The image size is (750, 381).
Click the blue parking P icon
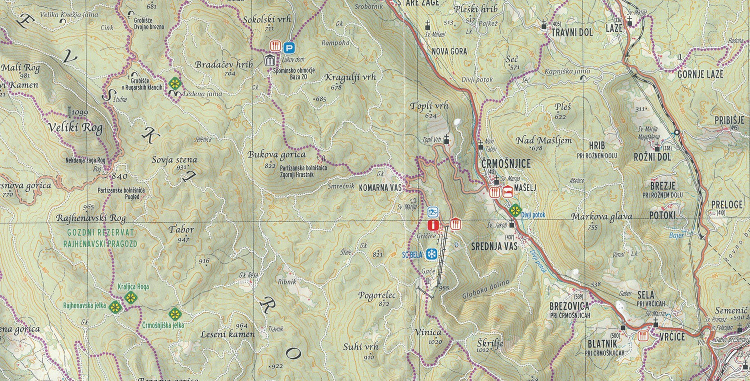click(x=288, y=47)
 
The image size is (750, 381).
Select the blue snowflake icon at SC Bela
click(x=430, y=254)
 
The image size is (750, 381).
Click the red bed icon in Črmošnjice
click(x=507, y=192)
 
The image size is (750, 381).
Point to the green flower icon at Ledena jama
click(x=174, y=83)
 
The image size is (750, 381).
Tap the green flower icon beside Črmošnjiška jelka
click(x=174, y=314)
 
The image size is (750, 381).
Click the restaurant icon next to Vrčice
click(x=643, y=336)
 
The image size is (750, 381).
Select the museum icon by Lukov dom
click(x=270, y=60)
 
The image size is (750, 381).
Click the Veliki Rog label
click(x=75, y=128)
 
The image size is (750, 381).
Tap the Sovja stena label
click(x=174, y=160)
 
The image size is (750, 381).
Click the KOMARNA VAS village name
click(x=380, y=187)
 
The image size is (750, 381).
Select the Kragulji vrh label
click(x=349, y=77)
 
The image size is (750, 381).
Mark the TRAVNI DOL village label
click(x=572, y=33)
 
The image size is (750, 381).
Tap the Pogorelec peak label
click(x=376, y=295)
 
